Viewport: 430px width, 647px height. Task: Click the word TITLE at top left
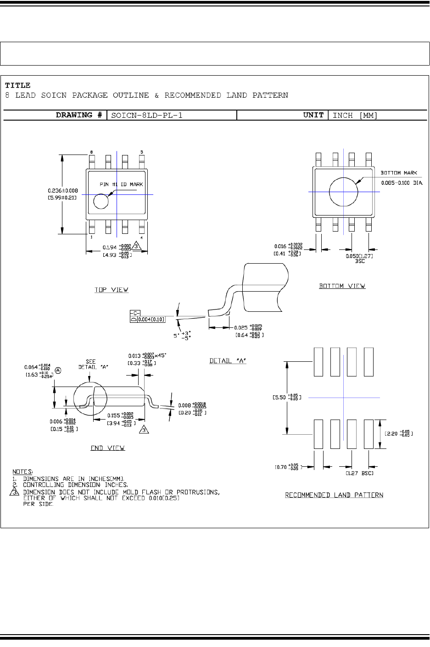pos(18,85)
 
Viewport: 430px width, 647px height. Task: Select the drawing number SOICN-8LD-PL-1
pos(147,115)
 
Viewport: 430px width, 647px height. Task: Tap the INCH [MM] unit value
pos(355,115)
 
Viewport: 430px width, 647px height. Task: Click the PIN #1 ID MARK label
pos(122,184)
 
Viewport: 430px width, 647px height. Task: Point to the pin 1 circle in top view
pos(101,201)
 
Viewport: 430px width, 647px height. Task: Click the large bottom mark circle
pos(344,192)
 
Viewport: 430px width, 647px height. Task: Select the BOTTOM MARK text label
pos(399,173)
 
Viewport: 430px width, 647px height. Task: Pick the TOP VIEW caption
pos(112,290)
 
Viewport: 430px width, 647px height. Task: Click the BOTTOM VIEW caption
pos(342,286)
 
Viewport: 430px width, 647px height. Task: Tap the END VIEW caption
pos(107,448)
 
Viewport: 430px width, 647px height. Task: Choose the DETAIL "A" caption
pos(228,361)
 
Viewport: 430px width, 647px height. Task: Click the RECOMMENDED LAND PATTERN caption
pos(334,495)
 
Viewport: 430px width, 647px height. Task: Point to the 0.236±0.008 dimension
pos(63,190)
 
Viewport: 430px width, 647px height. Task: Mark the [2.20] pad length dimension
pos(399,433)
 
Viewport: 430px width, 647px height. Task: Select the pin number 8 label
pos(91,152)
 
